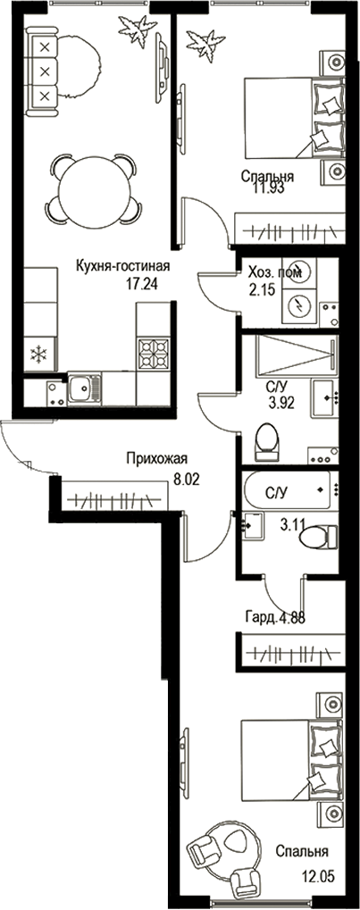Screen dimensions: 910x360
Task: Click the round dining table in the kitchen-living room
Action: point(93,189)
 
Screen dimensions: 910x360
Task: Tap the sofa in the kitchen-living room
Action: point(43,68)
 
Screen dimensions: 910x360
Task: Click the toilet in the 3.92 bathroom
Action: point(267,440)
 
